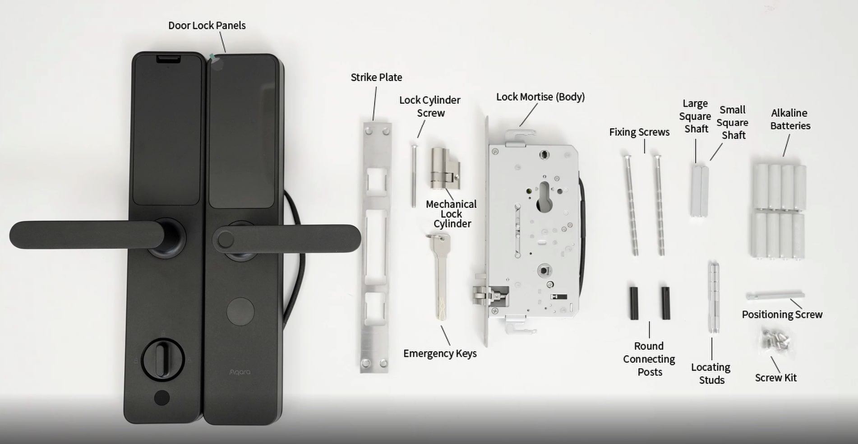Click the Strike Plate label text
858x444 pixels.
click(376, 77)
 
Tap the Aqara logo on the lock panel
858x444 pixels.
click(240, 372)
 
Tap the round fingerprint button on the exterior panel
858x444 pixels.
click(240, 311)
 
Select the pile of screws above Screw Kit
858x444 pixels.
click(775, 340)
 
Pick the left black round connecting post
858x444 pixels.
click(634, 303)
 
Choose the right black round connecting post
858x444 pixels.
click(666, 303)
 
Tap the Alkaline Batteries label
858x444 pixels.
click(790, 119)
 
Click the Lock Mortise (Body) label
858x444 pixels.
click(540, 97)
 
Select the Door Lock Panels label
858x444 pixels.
click(207, 25)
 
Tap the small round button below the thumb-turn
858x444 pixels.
click(162, 398)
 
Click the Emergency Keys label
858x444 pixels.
click(439, 353)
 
